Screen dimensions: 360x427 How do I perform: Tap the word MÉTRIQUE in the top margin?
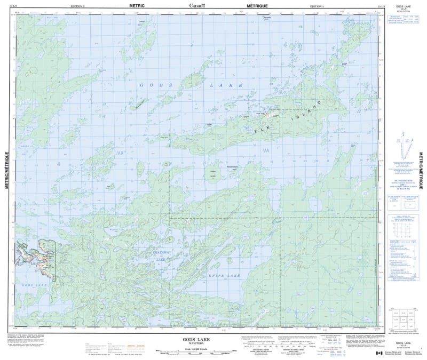pyautogui.click(x=257, y=4)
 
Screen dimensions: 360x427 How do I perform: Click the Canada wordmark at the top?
pyautogui.click(x=199, y=5)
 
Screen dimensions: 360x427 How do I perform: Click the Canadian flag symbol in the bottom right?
pyautogui.click(x=378, y=353)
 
